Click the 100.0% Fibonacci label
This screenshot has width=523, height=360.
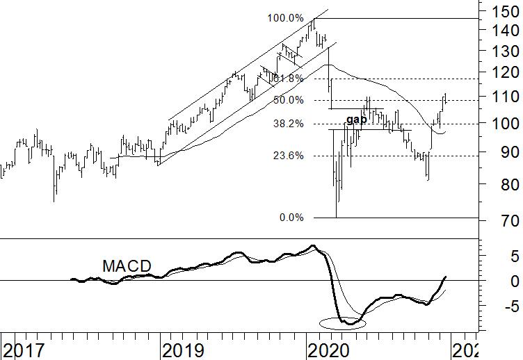[x=285, y=17]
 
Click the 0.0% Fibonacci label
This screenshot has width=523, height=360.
[x=291, y=218]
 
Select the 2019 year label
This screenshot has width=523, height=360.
[x=184, y=349]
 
